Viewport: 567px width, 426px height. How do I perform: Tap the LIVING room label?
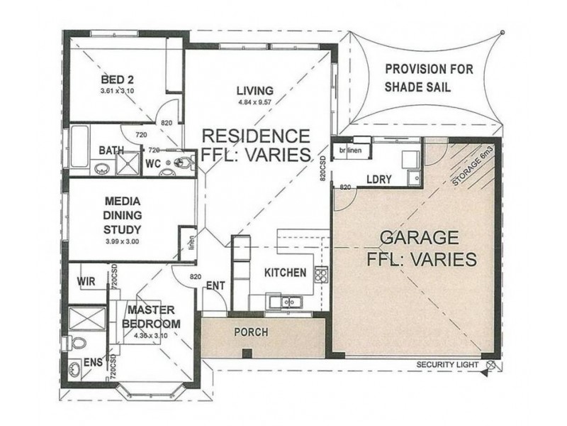click(254, 90)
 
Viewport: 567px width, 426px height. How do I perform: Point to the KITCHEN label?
click(285, 273)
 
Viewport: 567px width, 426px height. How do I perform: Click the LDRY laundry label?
click(379, 180)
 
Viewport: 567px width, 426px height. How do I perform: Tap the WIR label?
click(86, 281)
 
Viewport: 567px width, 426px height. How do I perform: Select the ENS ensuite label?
click(93, 362)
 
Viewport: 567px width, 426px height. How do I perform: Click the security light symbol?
click(493, 365)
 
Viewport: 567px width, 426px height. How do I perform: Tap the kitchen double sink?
click(287, 302)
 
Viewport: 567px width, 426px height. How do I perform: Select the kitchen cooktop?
click(321, 274)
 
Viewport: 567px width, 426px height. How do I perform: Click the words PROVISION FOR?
click(426, 70)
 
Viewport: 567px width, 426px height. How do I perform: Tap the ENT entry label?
click(215, 286)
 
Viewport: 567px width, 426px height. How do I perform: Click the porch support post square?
click(246, 353)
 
